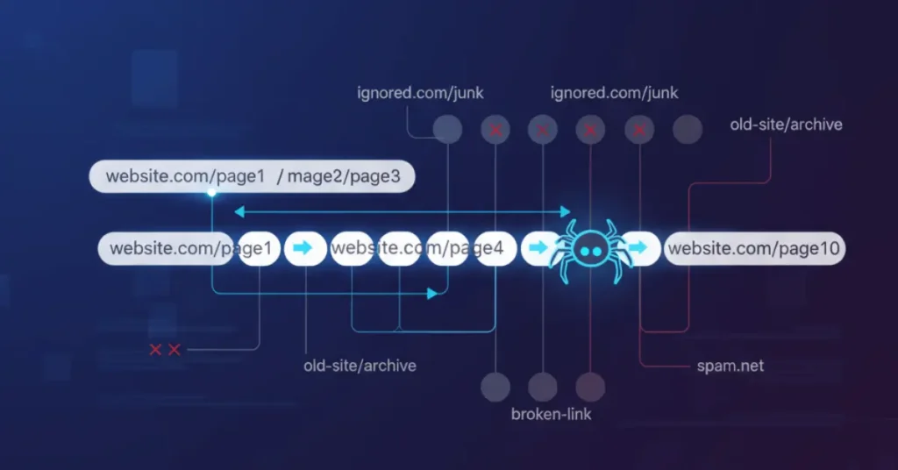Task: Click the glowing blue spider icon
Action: (589, 250)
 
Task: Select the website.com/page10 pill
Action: (754, 249)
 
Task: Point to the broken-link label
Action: (551, 413)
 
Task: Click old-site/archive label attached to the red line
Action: (786, 125)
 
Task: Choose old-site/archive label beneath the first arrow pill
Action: (360, 365)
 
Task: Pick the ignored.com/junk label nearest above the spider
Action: (614, 92)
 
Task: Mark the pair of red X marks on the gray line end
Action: (164, 350)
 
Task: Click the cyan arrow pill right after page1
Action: (303, 249)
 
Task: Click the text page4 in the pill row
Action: (479, 249)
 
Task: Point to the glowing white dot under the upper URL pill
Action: (211, 192)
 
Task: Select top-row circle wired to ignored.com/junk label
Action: (447, 131)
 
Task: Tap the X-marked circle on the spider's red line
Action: (590, 131)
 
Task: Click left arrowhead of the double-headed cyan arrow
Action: (238, 211)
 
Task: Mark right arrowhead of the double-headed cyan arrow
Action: (567, 211)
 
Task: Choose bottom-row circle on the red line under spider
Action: (590, 386)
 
